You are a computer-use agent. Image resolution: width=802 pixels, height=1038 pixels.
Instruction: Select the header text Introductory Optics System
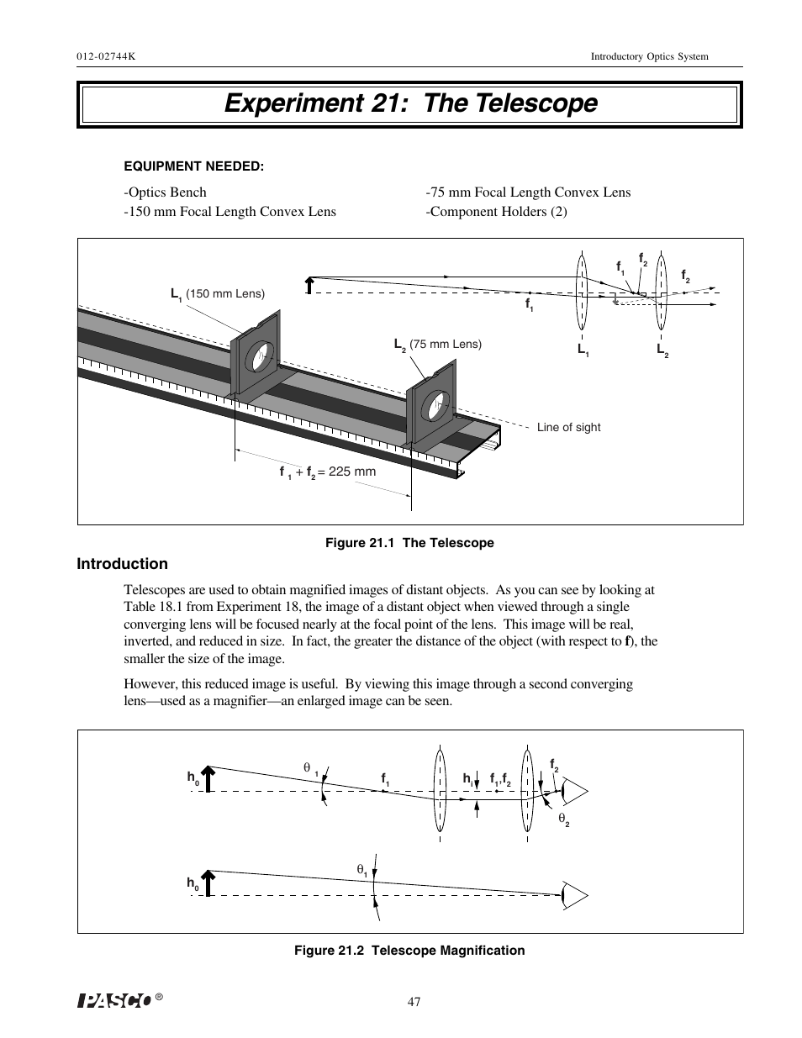(x=649, y=56)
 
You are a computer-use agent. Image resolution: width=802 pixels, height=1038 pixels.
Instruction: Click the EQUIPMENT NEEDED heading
(x=194, y=166)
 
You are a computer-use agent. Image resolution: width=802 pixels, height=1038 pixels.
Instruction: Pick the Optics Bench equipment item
(x=165, y=192)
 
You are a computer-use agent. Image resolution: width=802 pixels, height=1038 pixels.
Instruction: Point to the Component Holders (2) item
(x=496, y=212)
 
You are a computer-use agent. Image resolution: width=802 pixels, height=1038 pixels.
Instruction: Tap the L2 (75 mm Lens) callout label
(x=437, y=344)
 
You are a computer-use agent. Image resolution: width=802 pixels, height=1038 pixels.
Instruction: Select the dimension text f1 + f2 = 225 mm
(x=327, y=472)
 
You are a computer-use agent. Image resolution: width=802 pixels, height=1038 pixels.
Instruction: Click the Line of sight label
(x=568, y=427)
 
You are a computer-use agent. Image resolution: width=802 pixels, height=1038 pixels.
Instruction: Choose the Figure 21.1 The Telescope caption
(x=409, y=543)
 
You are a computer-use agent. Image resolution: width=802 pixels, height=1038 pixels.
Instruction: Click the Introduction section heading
(x=122, y=564)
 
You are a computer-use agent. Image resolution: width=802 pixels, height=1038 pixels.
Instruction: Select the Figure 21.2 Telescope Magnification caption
(x=409, y=951)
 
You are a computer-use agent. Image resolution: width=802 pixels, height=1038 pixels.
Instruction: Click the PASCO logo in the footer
(x=114, y=1000)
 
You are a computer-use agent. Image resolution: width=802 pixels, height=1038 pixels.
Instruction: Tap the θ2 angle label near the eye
(x=564, y=819)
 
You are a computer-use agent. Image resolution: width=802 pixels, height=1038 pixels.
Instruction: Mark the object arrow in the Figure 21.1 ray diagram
(x=309, y=285)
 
